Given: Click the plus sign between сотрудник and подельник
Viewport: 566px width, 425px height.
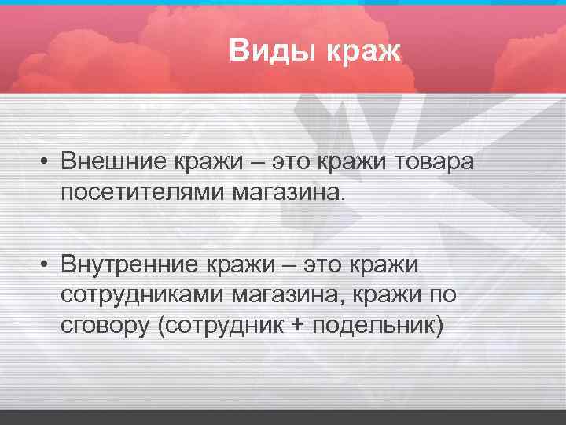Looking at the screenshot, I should pyautogui.click(x=296, y=324).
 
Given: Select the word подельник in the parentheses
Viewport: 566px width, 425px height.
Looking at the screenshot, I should pyautogui.click(x=373, y=324).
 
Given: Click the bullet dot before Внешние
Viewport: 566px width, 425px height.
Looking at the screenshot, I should pyautogui.click(x=48, y=161).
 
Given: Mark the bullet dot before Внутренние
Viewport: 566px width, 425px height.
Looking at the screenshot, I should pyautogui.click(x=48, y=265).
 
